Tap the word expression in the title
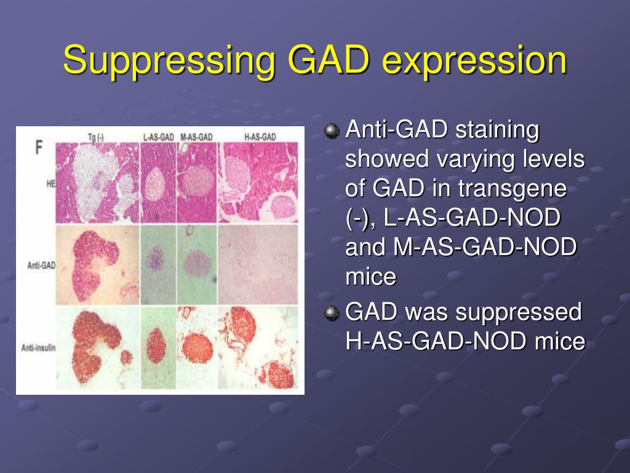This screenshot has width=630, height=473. [474, 60]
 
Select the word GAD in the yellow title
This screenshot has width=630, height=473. [329, 60]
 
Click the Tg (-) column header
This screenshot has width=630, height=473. [95, 137]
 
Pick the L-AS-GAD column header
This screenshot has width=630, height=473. [159, 137]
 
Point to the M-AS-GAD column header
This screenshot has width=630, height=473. [196, 137]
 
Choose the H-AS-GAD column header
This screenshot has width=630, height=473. [260, 137]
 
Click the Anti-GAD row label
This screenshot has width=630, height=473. [41, 265]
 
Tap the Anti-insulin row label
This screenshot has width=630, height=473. [39, 347]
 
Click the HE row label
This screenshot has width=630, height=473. [51, 184]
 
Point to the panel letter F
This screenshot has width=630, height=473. [39, 147]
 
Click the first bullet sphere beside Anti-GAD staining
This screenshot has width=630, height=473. [332, 131]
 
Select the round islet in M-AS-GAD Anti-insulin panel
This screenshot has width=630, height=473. [197, 347]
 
